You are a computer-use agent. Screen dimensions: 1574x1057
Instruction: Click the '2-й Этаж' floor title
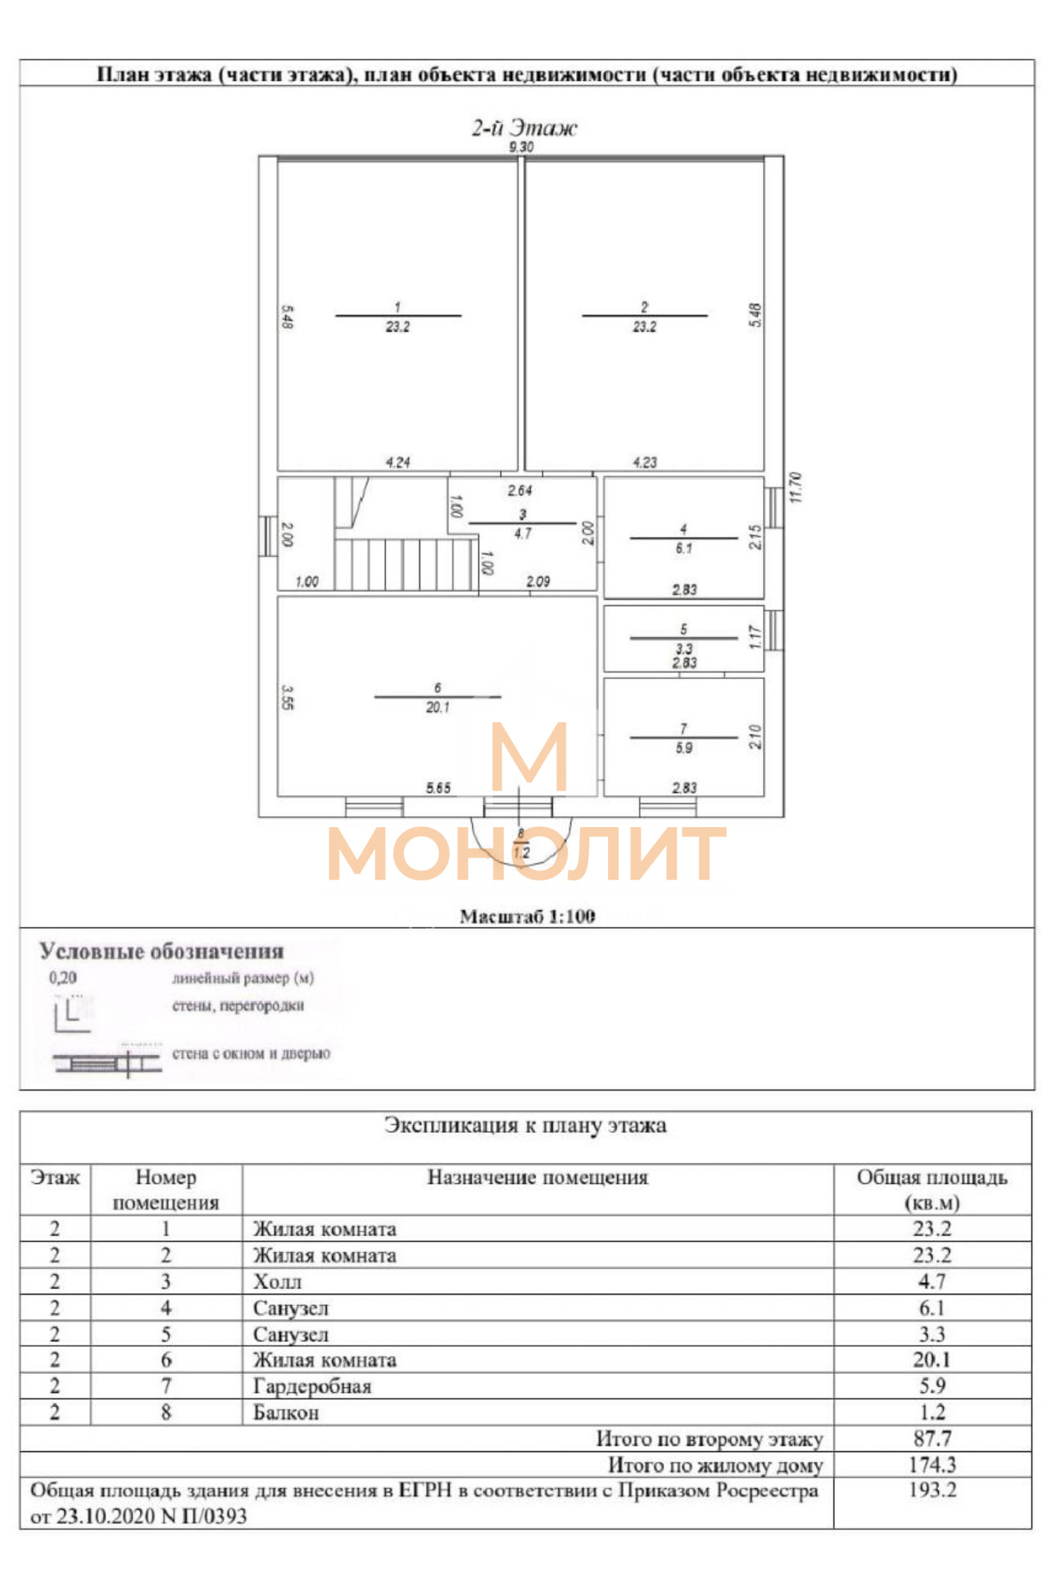[x=524, y=128]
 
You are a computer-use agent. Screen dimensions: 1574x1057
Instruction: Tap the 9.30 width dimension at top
[x=521, y=147]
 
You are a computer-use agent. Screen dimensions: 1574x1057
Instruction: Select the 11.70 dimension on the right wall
[x=796, y=487]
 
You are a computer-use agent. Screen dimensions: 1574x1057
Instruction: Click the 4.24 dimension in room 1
[x=398, y=462]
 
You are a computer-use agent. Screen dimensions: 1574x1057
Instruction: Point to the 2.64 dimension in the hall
[x=519, y=490]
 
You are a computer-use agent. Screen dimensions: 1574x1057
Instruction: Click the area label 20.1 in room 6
[x=438, y=707]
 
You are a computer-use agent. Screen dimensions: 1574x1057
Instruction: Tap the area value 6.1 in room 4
[x=683, y=548]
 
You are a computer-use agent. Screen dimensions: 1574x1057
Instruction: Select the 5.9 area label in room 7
[x=683, y=748]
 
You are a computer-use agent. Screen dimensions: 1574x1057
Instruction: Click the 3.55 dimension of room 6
[x=287, y=698]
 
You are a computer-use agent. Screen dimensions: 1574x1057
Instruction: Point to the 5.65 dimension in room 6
[x=438, y=788]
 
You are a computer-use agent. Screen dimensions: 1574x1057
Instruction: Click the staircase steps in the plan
[x=405, y=564]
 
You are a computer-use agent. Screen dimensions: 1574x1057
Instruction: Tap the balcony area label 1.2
[x=521, y=853]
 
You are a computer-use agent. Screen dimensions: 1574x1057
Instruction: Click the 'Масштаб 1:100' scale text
[x=528, y=917]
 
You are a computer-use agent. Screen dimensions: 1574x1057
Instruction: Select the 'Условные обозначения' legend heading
[x=162, y=951]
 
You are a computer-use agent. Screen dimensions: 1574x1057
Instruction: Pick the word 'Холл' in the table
[x=278, y=1281]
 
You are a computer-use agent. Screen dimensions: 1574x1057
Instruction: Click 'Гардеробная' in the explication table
[x=312, y=1386]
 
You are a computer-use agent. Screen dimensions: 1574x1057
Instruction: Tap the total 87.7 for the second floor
[x=932, y=1438]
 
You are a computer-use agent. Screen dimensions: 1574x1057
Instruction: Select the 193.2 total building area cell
[x=932, y=1490]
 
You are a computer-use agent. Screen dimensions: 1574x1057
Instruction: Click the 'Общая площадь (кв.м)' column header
[x=932, y=1190]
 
